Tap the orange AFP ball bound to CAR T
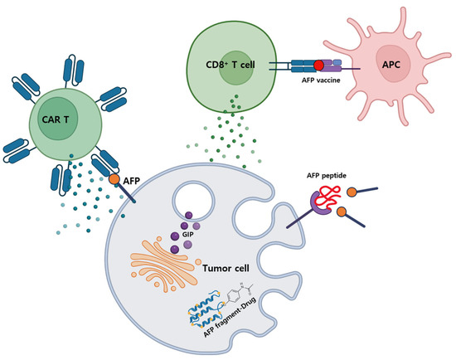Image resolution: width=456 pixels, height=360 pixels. [113, 178]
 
